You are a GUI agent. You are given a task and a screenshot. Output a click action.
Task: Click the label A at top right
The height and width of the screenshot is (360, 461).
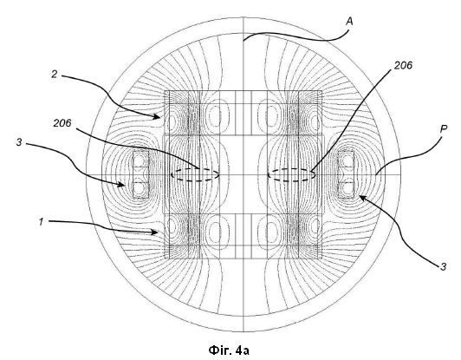pos(349,22)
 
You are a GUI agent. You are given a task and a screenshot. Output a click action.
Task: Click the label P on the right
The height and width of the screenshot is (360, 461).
pos(444,129)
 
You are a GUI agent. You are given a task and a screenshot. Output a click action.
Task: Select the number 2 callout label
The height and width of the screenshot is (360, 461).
pos(54,74)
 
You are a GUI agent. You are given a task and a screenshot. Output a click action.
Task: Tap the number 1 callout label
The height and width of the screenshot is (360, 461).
pos(42,222)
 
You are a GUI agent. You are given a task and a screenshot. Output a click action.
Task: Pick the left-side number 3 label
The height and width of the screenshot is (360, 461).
pos(19,142)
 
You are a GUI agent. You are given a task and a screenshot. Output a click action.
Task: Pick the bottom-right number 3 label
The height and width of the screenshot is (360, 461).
pos(444,266)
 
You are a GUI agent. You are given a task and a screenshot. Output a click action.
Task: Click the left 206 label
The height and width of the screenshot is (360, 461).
pos(62,123)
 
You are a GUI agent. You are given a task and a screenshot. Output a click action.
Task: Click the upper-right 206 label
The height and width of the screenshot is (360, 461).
pos(403,65)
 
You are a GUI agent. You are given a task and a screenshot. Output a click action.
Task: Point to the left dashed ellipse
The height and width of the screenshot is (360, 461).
pos(195,169)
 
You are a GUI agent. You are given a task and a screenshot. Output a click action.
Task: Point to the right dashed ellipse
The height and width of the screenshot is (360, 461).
pos(291,169)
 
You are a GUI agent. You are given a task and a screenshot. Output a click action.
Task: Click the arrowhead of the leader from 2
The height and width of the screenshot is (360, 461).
pos(158,116)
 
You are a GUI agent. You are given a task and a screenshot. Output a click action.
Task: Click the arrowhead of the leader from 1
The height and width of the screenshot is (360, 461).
pos(155,232)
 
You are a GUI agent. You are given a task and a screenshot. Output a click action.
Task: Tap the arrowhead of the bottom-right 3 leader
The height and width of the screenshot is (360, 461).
pos(362,198)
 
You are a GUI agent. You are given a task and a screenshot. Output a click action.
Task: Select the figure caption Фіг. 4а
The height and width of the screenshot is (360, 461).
pos(229,350)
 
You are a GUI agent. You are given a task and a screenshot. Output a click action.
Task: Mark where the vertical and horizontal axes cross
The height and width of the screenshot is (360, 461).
pos(243,175)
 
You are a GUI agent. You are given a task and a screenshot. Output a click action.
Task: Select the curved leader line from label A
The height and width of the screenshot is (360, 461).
pos(297,37)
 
